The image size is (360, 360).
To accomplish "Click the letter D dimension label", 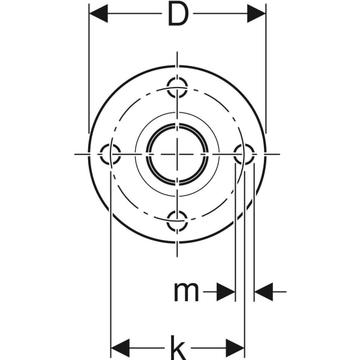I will [x=177, y=14].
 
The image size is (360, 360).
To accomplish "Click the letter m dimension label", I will [x=186, y=292].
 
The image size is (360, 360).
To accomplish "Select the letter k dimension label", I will [x=177, y=347].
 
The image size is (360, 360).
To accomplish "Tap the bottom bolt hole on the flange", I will [x=177, y=221].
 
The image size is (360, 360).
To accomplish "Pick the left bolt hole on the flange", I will [x=110, y=154].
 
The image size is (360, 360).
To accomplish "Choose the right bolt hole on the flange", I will [x=244, y=154].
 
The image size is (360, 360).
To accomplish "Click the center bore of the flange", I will [x=177, y=154].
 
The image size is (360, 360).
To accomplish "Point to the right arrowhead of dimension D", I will [x=256, y=13].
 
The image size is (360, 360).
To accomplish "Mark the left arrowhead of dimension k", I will [x=121, y=347].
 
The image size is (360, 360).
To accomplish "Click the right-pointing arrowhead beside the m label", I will [x=226, y=292].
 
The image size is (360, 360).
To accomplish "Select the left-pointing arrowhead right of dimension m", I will [x=263, y=292].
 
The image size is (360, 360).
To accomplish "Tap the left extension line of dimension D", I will [x=89, y=72].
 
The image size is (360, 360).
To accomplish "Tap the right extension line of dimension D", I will [x=266, y=72].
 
